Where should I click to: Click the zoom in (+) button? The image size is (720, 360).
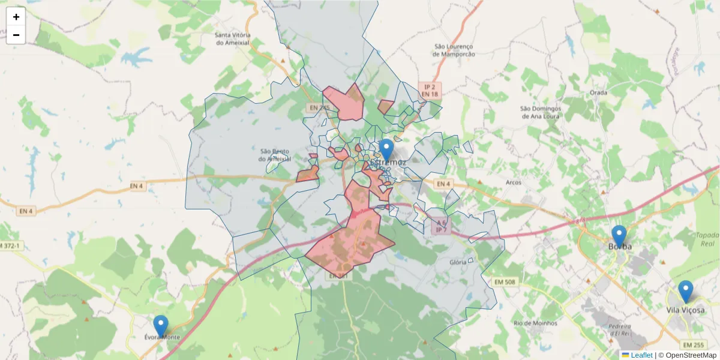click(x=16, y=17)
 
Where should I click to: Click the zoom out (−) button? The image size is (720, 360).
click(x=16, y=35)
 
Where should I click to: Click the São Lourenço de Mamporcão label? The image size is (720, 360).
click(x=454, y=50)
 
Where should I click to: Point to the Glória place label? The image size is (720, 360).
click(x=458, y=262)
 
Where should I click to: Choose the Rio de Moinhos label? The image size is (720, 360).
click(x=535, y=323)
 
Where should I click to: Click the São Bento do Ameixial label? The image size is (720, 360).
click(x=275, y=155)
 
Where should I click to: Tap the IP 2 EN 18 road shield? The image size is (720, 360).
click(x=430, y=91)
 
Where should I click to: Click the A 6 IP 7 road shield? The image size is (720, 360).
click(x=441, y=226)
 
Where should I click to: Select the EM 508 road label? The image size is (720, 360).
click(x=507, y=281)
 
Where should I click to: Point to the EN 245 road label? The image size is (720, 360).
click(x=320, y=108)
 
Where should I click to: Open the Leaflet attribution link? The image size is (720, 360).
click(x=641, y=355)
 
